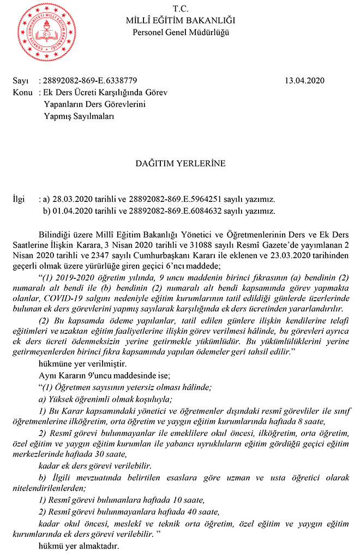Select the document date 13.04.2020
pos(304,81)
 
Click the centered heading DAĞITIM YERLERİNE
pos(180,163)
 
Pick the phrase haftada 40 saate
pos(167,511)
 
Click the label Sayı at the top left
pos(20,81)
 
